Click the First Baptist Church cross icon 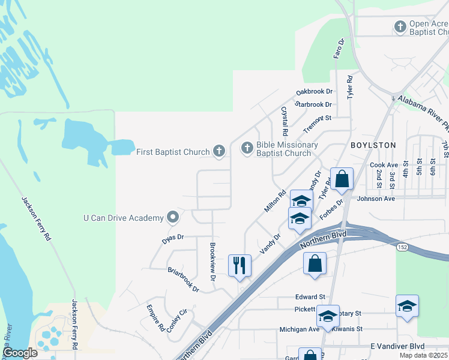point(219,151)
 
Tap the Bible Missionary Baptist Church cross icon point(247,148)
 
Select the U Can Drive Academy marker point(173,217)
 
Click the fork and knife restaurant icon point(240,265)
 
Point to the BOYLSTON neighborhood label point(373,145)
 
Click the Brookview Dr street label point(212,262)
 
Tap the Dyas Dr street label point(172,238)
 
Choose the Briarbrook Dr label point(183,280)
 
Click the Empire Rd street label point(155,318)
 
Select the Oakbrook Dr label point(314,92)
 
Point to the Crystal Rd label point(285,121)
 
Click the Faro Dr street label point(338,49)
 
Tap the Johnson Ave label point(376,199)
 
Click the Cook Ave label point(384,165)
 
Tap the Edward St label point(310,296)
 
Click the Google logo point(21,353)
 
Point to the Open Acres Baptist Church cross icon point(400,26)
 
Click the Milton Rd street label point(276,202)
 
